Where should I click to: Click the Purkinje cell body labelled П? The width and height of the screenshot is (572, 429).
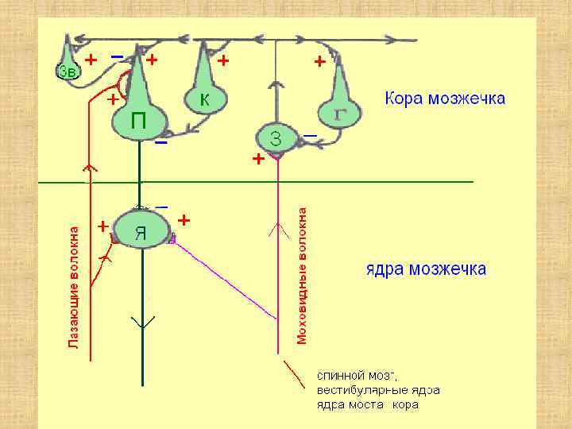pyautogui.click(x=138, y=121)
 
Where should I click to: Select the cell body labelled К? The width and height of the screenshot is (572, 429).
pyautogui.click(x=205, y=100)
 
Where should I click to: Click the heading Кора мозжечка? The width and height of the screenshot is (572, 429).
pyautogui.click(x=445, y=99)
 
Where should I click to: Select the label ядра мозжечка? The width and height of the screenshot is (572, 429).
pyautogui.click(x=426, y=269)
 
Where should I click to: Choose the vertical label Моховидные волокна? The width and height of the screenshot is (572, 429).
pyautogui.click(x=303, y=276)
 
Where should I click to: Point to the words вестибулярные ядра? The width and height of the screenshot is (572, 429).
pyautogui.click(x=378, y=390)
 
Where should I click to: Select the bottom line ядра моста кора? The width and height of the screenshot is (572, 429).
pyautogui.click(x=368, y=405)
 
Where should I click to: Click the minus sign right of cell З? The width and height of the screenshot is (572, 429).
pyautogui.click(x=311, y=137)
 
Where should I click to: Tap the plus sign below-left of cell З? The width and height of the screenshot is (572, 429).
pyautogui.click(x=257, y=160)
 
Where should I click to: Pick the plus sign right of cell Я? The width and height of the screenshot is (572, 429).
pyautogui.click(x=184, y=218)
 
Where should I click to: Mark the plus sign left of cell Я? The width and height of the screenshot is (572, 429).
pyautogui.click(x=102, y=226)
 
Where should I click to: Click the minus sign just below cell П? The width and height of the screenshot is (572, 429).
pyautogui.click(x=161, y=144)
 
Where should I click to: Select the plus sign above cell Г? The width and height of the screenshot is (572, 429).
pyautogui.click(x=319, y=60)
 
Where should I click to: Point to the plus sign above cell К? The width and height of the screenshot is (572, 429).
pyautogui.click(x=223, y=60)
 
